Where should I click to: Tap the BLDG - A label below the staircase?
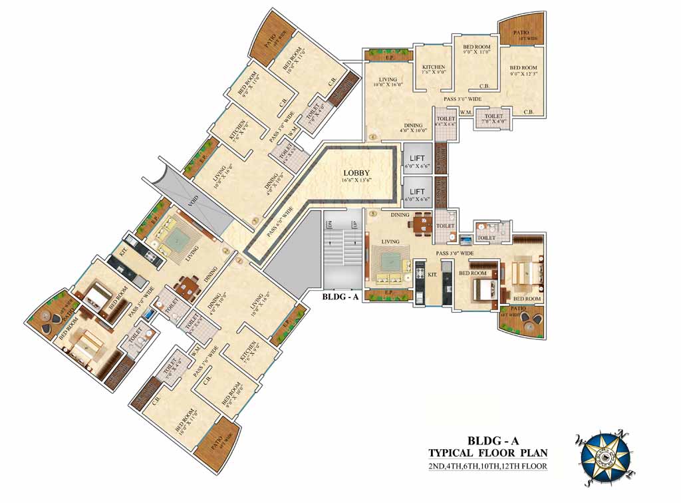[340, 297]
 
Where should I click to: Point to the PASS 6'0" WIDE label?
[280, 224]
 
